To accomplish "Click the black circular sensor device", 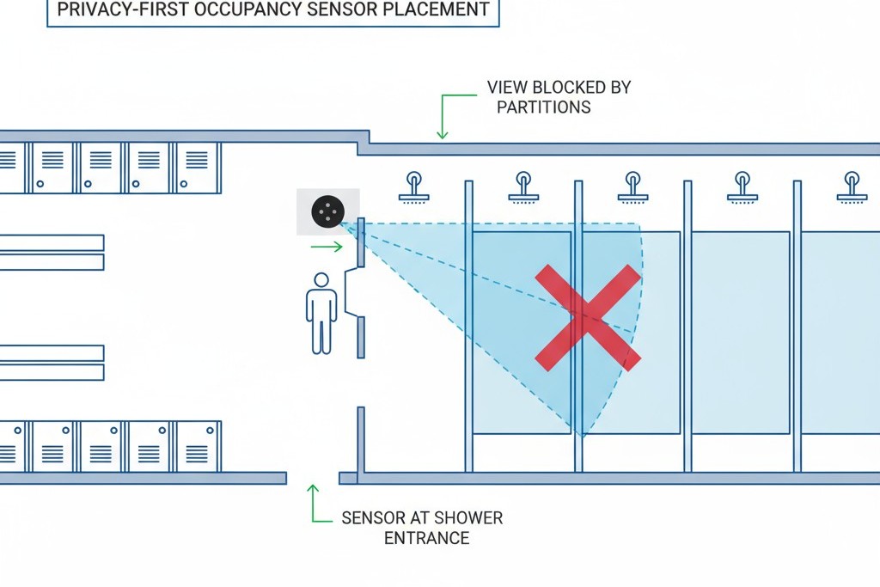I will tap(327, 211).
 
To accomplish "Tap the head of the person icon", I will tap(321, 280).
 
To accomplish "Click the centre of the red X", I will tap(588, 317).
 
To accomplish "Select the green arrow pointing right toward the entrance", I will tap(327, 248).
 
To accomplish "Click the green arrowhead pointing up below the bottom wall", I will tap(313, 490).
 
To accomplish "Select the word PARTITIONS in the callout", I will tap(543, 107).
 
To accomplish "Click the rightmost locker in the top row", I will tap(197, 167).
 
